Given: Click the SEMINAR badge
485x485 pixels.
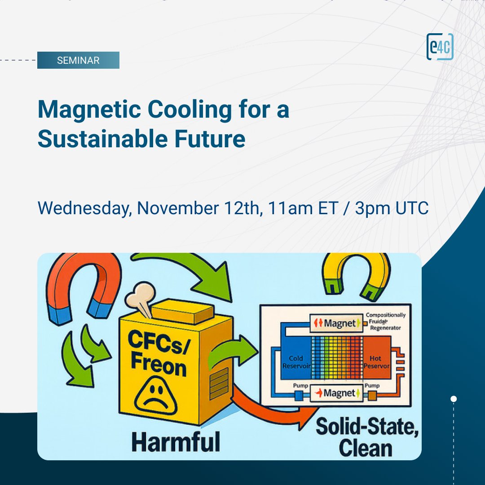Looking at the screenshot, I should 78,60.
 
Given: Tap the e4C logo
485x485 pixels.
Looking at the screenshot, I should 440,47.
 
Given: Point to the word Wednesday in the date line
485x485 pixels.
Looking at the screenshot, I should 84,208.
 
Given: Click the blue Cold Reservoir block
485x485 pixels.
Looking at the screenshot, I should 293,362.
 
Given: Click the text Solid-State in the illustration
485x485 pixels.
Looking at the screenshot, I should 367,427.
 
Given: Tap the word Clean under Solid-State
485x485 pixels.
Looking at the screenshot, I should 366,448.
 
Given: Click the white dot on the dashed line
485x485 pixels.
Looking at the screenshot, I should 454,399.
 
